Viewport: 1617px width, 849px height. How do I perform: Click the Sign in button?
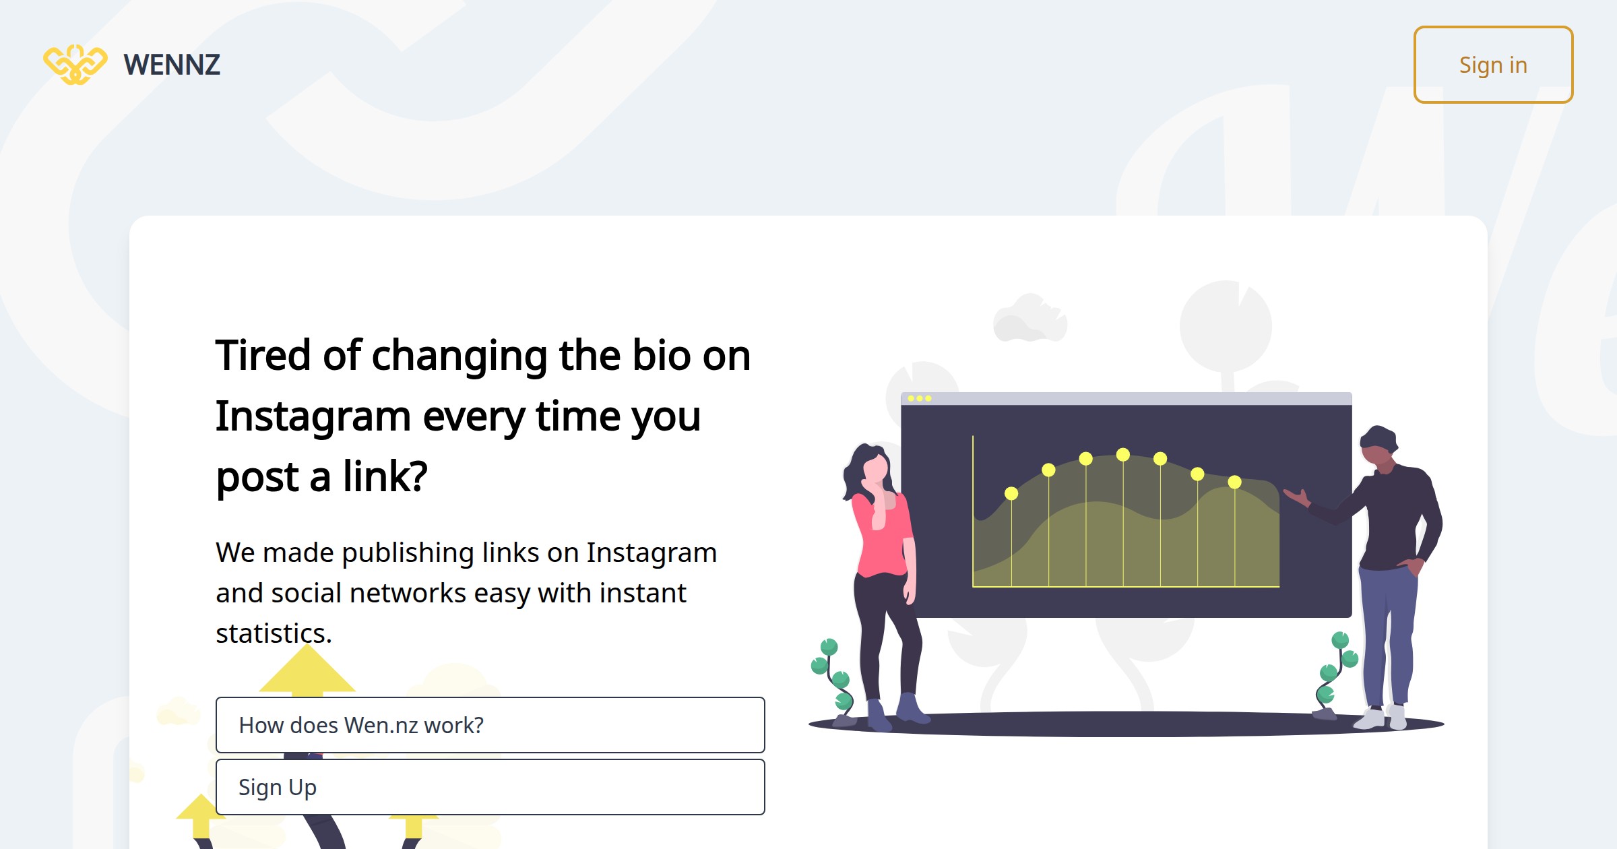pos(1493,65)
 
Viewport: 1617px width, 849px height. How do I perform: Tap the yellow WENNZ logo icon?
pos(75,65)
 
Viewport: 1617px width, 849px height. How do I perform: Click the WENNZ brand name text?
pos(172,65)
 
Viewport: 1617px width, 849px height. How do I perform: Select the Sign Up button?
pos(490,787)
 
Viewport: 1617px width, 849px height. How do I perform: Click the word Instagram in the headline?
pos(313,416)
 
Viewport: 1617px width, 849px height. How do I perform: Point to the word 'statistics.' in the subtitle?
pos(274,633)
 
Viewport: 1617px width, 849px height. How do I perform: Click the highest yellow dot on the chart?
pos(1122,455)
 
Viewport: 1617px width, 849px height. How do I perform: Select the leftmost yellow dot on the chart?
pos(1011,493)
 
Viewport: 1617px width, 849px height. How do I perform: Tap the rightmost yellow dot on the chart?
pos(1234,482)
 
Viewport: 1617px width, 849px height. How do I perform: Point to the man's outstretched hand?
pos(1296,497)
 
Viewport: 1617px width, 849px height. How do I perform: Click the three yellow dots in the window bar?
pos(919,398)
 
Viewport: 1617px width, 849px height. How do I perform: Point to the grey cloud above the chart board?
pos(1029,319)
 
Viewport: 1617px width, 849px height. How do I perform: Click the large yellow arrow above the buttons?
pos(307,670)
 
